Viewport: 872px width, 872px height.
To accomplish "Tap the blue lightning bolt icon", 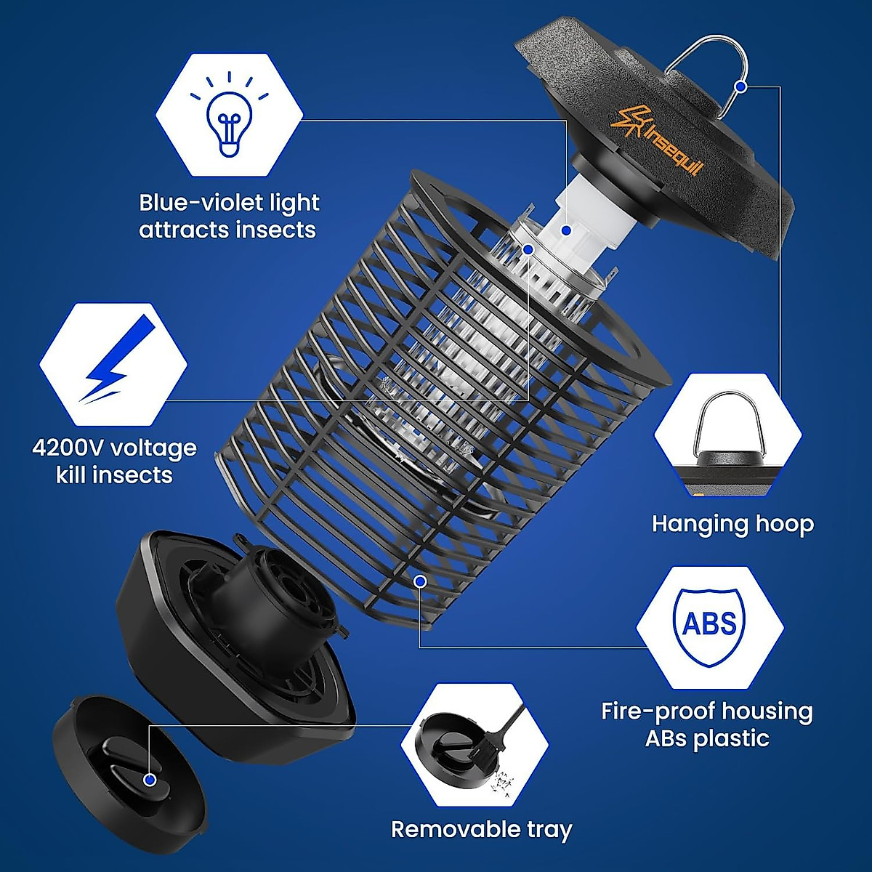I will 116,360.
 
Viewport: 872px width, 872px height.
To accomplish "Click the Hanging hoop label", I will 732,524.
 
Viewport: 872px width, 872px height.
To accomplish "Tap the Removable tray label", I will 482,829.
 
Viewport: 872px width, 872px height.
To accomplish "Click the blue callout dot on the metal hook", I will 740,86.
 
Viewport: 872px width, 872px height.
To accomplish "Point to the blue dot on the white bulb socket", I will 567,230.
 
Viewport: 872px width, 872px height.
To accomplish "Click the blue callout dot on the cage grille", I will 420,580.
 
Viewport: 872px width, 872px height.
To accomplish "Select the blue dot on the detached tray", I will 150,780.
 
